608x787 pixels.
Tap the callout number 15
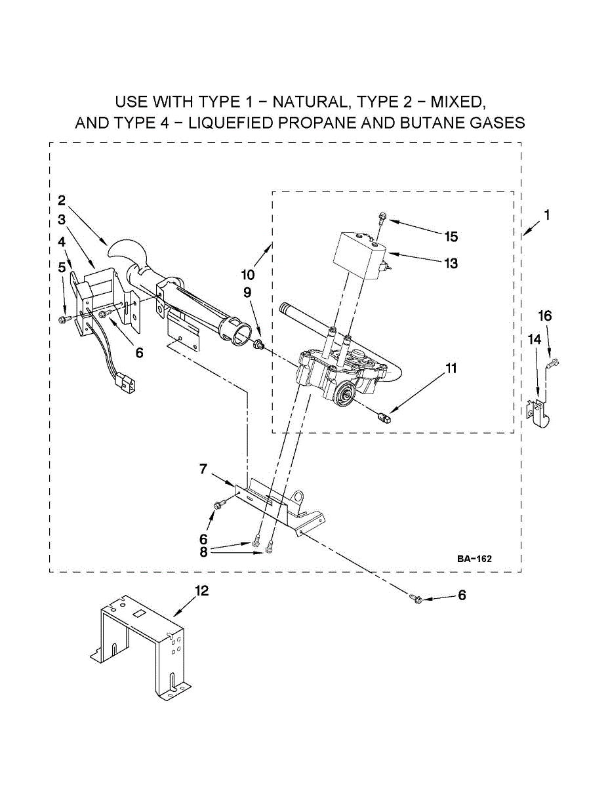(451, 237)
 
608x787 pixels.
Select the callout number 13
(451, 264)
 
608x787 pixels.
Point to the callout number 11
(451, 368)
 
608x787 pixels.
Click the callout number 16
(545, 316)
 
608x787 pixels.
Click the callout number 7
(203, 469)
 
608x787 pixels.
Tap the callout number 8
(203, 552)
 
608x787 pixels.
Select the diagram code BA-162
(474, 559)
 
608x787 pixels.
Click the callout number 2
(61, 200)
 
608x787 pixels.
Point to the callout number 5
(61, 267)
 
